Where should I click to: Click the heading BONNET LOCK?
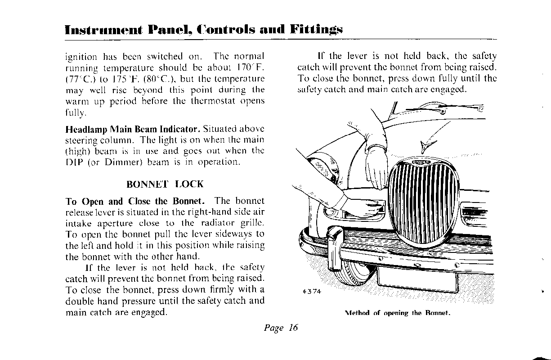tap(165, 184)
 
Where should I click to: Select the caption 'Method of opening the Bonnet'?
tap(398, 313)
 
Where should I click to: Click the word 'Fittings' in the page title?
tap(316, 30)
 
